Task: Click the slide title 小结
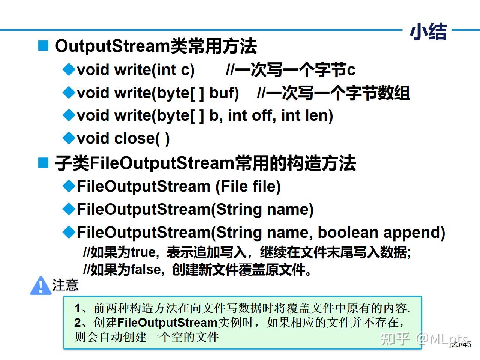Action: (x=428, y=31)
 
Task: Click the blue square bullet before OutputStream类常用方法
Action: (x=43, y=46)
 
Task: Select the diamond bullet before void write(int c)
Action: (x=69, y=70)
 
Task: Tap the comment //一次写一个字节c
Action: (x=291, y=70)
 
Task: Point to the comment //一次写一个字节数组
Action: (x=333, y=93)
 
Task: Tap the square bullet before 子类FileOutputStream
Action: (x=43, y=163)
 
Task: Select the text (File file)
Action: (x=248, y=186)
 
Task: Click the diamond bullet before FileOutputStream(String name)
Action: (x=69, y=209)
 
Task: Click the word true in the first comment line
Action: (x=143, y=252)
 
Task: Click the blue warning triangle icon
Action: (x=40, y=286)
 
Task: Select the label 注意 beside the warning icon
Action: (x=66, y=285)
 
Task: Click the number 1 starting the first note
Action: (x=78, y=308)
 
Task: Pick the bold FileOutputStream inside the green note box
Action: (x=167, y=322)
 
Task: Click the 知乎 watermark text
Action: (x=394, y=338)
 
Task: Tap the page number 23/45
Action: (x=461, y=344)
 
